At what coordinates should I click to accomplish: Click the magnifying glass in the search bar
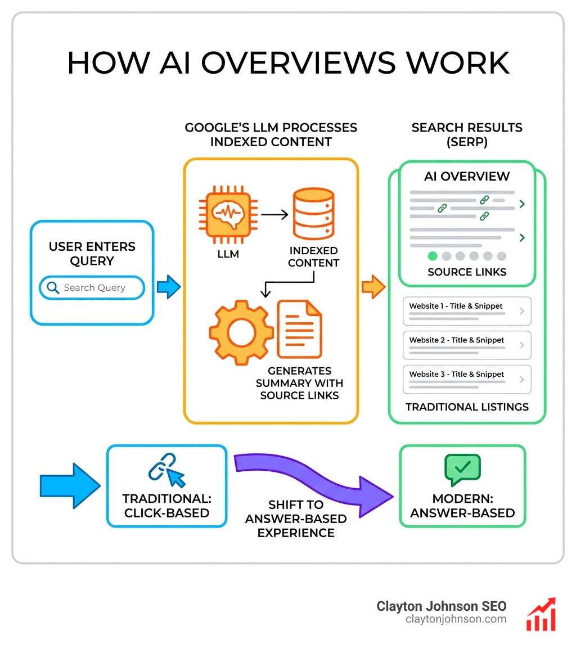pyautogui.click(x=53, y=288)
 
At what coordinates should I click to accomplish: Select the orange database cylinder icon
pyautogui.click(x=313, y=214)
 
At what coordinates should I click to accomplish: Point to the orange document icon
pyautogui.click(x=299, y=328)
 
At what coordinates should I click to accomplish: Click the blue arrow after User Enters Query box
pyautogui.click(x=168, y=287)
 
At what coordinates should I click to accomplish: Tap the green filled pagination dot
pyautogui.click(x=433, y=256)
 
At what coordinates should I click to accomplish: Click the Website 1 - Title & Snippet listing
pyautogui.click(x=467, y=311)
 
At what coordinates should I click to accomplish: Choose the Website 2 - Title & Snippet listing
pyautogui.click(x=467, y=345)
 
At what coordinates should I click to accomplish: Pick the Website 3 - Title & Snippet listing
pyautogui.click(x=467, y=378)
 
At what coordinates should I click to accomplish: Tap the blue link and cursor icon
pyautogui.click(x=166, y=470)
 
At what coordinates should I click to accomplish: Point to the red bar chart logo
pyautogui.click(x=541, y=614)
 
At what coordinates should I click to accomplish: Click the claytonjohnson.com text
pyautogui.click(x=456, y=619)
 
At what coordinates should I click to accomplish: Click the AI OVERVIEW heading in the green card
pyautogui.click(x=467, y=176)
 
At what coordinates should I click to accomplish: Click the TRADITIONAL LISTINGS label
pyautogui.click(x=467, y=407)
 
